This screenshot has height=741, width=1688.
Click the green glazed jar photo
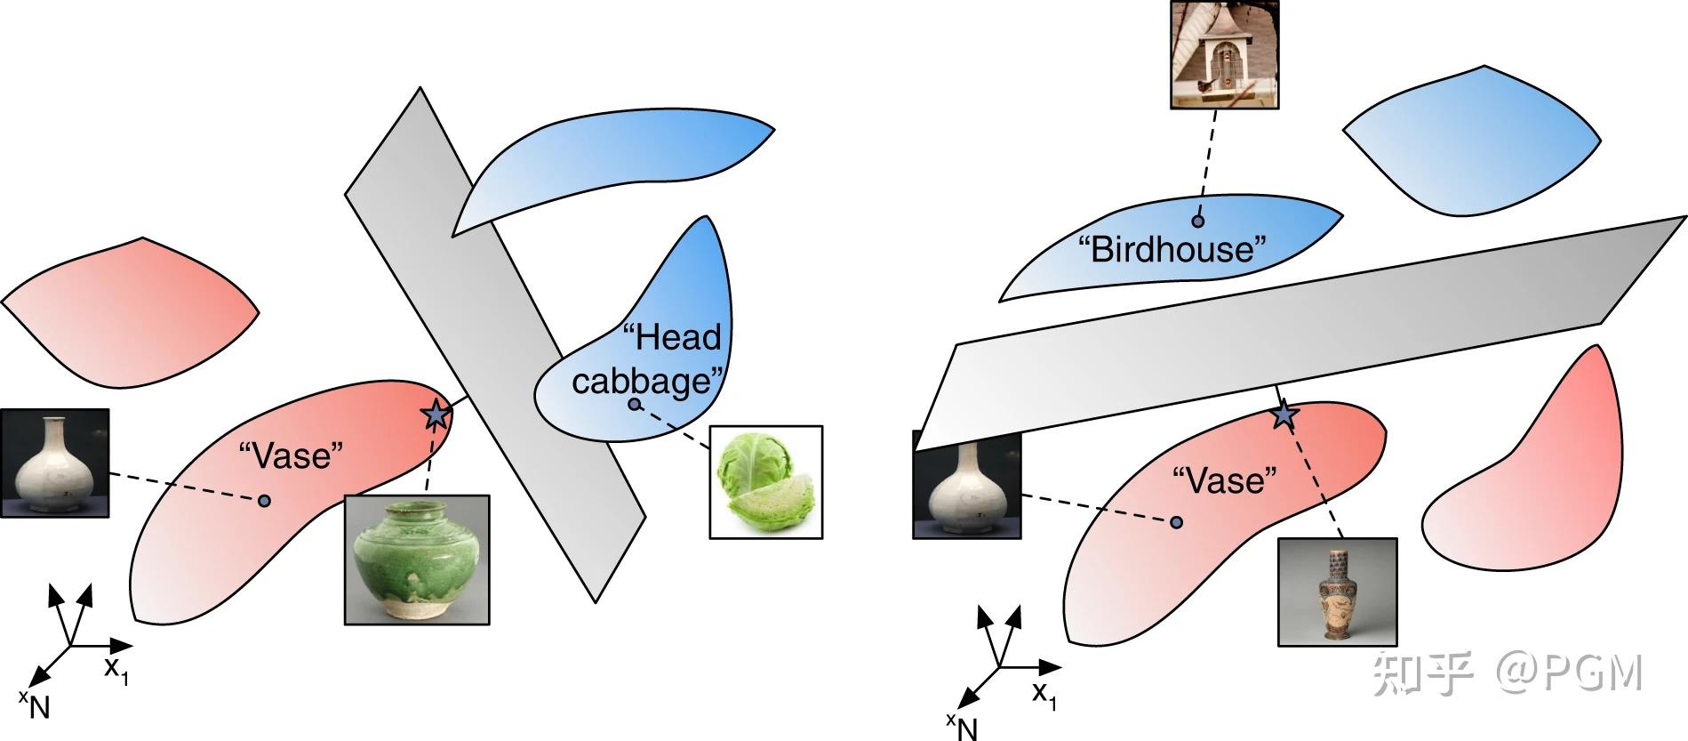[x=417, y=560]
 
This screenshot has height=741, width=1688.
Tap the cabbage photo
[x=766, y=482]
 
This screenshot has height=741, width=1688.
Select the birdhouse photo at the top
[x=1225, y=54]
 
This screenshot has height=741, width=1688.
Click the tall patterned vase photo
[x=1338, y=592]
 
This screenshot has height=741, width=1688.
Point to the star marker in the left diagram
[x=435, y=415]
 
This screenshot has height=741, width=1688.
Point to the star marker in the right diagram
[x=1283, y=415]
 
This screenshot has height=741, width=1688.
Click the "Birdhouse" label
[x=1172, y=249]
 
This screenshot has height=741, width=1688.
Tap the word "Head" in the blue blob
[x=672, y=338]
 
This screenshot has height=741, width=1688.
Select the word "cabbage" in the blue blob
[x=645, y=382]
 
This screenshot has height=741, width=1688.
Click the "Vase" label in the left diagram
[x=292, y=456]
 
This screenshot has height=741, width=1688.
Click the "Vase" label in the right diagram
[x=1225, y=481]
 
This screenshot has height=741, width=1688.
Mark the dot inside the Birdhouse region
[x=1198, y=221]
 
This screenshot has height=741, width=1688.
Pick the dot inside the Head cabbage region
[x=634, y=405]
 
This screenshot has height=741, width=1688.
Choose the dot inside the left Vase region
[x=264, y=502]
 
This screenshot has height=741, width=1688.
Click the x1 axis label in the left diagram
[x=116, y=670]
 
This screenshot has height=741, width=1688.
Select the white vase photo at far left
[x=55, y=463]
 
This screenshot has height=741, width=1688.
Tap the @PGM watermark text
[x=1568, y=673]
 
